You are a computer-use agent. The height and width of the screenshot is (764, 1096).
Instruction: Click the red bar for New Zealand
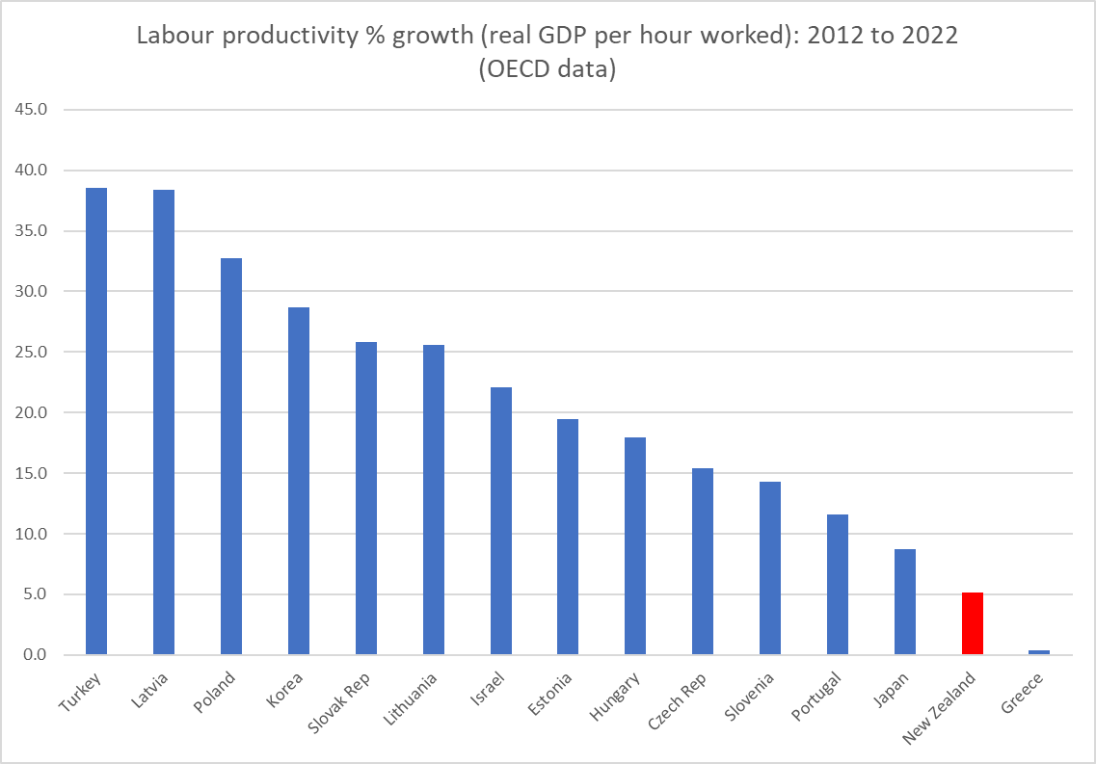(x=972, y=623)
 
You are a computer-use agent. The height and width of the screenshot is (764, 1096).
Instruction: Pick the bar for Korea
(x=299, y=481)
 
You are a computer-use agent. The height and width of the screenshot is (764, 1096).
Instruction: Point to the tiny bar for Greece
(x=1039, y=652)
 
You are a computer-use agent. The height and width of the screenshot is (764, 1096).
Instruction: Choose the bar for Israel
(x=500, y=521)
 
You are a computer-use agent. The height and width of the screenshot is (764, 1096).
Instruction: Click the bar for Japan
(x=905, y=602)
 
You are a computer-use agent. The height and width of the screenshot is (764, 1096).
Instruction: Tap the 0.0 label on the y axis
(x=35, y=655)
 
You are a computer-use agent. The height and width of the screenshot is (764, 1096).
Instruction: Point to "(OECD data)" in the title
(x=547, y=69)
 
